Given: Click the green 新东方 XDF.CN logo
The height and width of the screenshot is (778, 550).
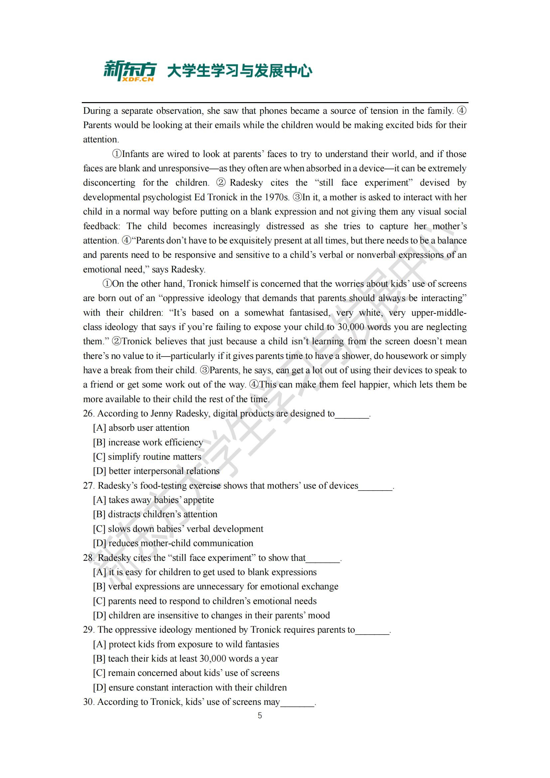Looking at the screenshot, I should point(130,71).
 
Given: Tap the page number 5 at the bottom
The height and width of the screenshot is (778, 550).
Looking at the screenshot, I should point(260,715).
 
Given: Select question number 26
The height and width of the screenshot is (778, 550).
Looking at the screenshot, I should point(88,414).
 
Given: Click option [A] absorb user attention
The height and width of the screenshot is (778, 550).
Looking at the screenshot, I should point(141,428).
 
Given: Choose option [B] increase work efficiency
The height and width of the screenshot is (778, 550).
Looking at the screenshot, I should point(148,442).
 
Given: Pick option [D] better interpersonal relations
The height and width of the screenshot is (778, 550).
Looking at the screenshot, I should point(156,471).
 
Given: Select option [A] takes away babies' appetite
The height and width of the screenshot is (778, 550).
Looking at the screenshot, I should point(153,500).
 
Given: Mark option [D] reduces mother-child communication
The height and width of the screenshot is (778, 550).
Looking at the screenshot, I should point(173,543).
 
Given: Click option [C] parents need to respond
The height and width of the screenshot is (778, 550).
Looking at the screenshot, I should point(205,601).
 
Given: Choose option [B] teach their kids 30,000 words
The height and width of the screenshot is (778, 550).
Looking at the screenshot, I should point(185,659).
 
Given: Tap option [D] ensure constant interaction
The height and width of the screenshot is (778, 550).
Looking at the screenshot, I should point(190,688).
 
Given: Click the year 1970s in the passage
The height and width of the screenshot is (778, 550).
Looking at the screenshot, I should point(278,197).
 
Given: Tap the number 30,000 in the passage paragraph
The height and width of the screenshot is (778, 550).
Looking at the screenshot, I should point(351,327).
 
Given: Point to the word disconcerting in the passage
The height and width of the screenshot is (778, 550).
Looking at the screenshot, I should point(109,183).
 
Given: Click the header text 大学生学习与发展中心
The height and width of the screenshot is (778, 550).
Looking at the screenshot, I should point(239,71).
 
